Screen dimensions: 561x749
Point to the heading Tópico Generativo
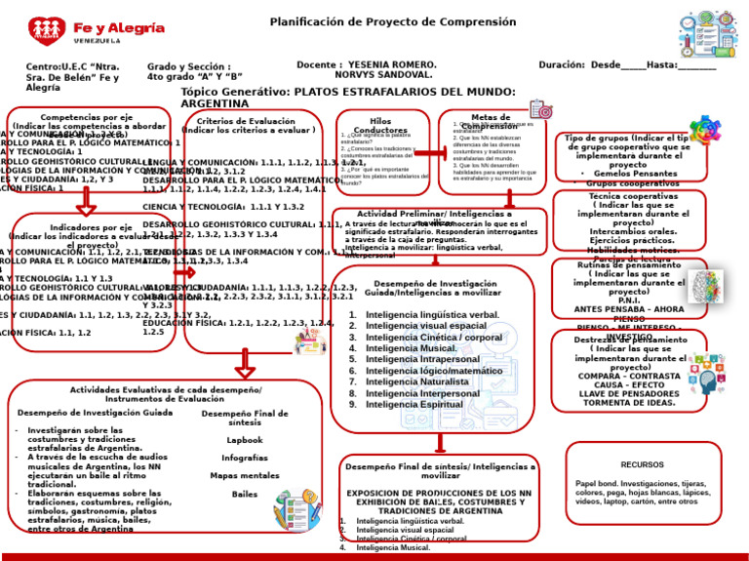click(x=235, y=91)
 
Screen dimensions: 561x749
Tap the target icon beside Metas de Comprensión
click(x=539, y=110)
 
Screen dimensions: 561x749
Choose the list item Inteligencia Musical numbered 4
click(x=411, y=348)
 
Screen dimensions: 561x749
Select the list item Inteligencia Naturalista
click(x=418, y=382)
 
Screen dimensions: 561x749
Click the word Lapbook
click(x=245, y=440)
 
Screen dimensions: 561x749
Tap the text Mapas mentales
click(x=245, y=476)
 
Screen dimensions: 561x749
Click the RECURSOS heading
click(x=642, y=464)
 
